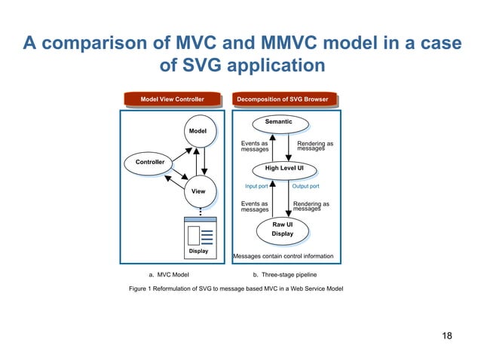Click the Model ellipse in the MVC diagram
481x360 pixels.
click(x=198, y=132)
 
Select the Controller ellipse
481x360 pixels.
click(x=149, y=163)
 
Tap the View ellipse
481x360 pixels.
click(x=198, y=192)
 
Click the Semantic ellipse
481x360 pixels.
click(x=278, y=122)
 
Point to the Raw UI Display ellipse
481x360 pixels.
click(x=283, y=229)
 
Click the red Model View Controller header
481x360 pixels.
click(x=172, y=99)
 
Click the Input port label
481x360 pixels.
click(x=256, y=186)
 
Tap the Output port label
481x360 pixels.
click(x=305, y=186)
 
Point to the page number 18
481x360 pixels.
click(x=447, y=335)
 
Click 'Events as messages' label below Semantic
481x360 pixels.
click(x=255, y=146)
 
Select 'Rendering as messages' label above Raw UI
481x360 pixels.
click(x=311, y=206)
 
